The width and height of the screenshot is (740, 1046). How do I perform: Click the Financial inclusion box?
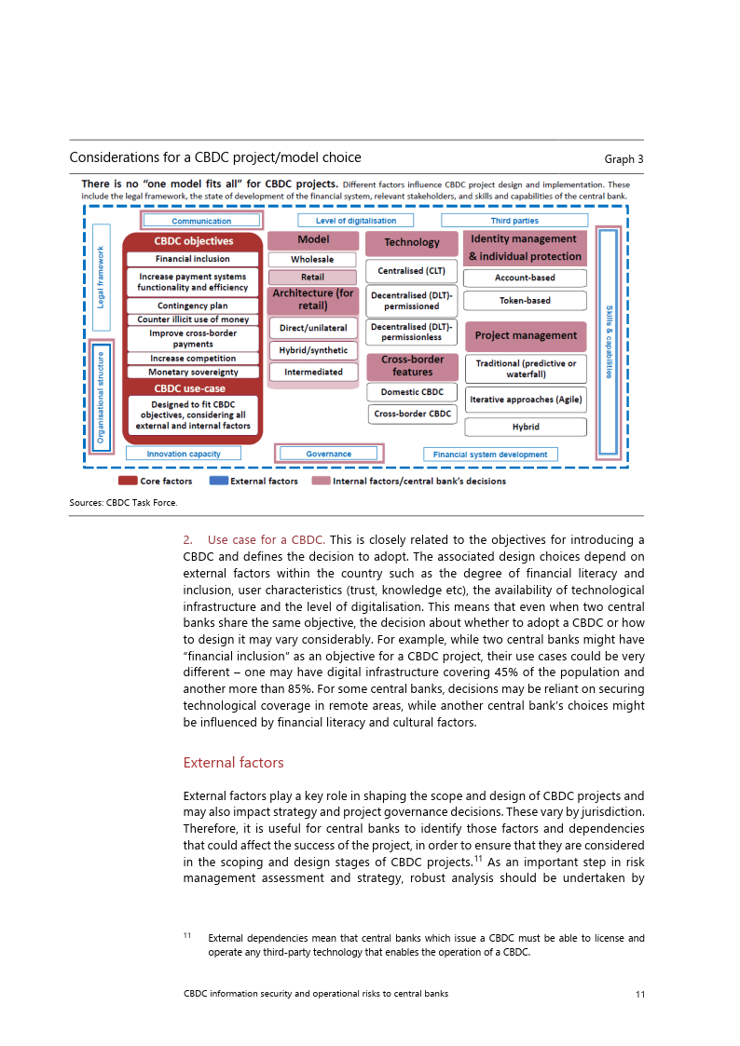(x=192, y=259)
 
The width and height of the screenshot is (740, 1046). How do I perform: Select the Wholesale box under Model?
(x=312, y=260)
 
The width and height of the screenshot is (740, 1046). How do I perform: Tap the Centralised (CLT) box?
(x=411, y=272)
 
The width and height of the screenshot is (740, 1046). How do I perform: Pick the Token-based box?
(x=525, y=301)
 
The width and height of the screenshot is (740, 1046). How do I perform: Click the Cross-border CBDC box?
(x=412, y=414)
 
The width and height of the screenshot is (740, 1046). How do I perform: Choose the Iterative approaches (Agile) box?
(x=526, y=400)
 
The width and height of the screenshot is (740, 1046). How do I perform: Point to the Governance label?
(x=328, y=455)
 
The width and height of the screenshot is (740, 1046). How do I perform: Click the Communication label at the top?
(x=201, y=221)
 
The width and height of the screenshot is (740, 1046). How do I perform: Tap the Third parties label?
(x=514, y=221)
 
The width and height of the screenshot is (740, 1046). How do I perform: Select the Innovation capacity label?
(x=184, y=455)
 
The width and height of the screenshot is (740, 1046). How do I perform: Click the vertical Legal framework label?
(x=102, y=278)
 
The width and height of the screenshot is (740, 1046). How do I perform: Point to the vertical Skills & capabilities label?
(x=609, y=342)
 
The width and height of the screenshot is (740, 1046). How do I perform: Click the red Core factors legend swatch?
(x=128, y=482)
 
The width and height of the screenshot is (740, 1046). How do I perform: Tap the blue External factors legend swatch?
(x=218, y=482)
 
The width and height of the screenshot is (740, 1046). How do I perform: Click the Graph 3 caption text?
(x=624, y=159)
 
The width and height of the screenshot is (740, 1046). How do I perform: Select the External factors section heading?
(x=233, y=763)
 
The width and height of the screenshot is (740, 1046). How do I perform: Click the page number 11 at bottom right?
(x=639, y=994)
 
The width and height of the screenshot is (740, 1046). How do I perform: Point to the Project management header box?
(x=526, y=335)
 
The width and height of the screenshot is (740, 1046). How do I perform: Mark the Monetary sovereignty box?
(x=193, y=373)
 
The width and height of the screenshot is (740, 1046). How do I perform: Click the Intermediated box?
(x=312, y=372)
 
